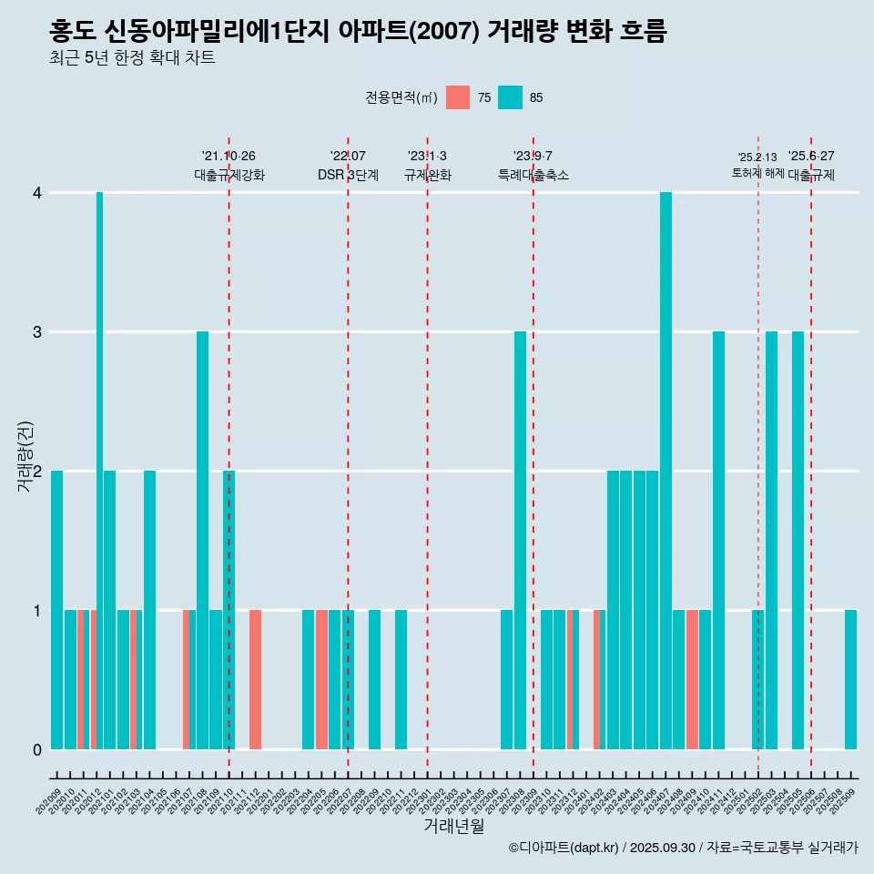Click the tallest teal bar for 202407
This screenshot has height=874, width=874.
point(666,471)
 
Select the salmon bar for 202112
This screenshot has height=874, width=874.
point(256,679)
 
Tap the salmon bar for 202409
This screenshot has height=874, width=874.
point(692,679)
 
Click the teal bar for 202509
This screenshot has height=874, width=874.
point(850,679)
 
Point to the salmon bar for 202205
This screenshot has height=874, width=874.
point(321,679)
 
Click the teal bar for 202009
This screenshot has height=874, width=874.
point(57,610)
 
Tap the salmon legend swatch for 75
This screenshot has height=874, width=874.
point(458,97)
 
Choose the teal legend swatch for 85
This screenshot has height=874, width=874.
point(511,97)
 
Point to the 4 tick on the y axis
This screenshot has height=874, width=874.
point(37,193)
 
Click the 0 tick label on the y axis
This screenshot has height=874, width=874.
point(37,749)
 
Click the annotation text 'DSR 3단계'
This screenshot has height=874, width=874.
point(348,175)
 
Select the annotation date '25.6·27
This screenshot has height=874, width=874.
point(811,157)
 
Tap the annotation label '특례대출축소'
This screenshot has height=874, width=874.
point(534,175)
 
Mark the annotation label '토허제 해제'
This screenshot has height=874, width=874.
point(758,173)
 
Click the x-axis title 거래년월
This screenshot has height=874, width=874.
point(453,826)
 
